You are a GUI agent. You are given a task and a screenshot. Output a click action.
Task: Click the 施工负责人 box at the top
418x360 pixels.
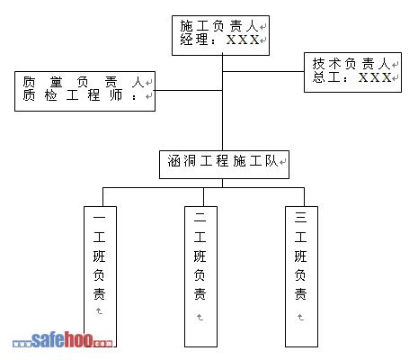pyautogui.click(x=220, y=36)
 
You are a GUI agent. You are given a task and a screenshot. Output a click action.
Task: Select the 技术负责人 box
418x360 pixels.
pyautogui.click(x=352, y=72)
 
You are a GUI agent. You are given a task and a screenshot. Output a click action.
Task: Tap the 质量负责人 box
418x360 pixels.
pyautogui.click(x=84, y=91)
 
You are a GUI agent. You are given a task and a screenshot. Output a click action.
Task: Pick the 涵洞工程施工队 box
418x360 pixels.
pyautogui.click(x=224, y=165)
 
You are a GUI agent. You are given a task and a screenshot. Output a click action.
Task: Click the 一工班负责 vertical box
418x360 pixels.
pyautogui.click(x=100, y=276)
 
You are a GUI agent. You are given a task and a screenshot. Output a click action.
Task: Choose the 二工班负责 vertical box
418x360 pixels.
pyautogui.click(x=200, y=276)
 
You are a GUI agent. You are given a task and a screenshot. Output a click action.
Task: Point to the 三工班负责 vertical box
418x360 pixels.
pyautogui.click(x=301, y=276)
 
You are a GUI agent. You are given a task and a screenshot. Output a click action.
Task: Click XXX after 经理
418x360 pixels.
pyautogui.click(x=243, y=40)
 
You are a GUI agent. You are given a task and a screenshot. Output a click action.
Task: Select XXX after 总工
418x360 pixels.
pyautogui.click(x=375, y=77)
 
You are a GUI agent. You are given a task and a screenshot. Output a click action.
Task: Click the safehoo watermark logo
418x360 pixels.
pyautogui.click(x=63, y=340)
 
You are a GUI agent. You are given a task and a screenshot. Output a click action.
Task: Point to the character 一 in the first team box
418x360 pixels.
pyautogui.click(x=99, y=217)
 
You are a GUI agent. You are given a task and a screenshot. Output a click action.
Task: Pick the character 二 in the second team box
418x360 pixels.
pyautogui.click(x=200, y=217)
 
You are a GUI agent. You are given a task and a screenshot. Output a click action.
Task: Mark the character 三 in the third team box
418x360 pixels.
pyautogui.click(x=300, y=217)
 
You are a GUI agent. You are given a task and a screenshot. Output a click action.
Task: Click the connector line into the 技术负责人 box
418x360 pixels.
pyautogui.click(x=263, y=71)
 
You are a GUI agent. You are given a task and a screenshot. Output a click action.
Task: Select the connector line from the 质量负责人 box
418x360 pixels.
pyautogui.click(x=189, y=90)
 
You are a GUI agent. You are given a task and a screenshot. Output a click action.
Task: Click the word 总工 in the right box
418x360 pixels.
pyautogui.click(x=326, y=77)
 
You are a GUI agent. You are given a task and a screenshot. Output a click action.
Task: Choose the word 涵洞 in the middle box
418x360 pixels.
pyautogui.click(x=182, y=161)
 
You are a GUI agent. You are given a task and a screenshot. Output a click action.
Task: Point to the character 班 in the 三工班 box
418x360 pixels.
pyautogui.click(x=300, y=256)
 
